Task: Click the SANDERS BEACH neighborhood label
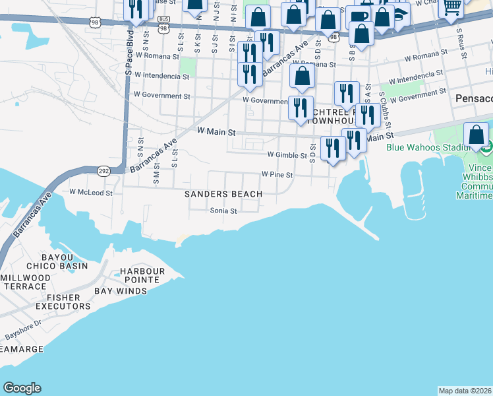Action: click(223, 194)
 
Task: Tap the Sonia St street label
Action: click(223, 211)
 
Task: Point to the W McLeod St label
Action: click(92, 193)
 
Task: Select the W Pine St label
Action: click(276, 174)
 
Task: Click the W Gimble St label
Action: click(287, 155)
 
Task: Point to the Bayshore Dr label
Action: click(24, 329)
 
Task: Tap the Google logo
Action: click(22, 388)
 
